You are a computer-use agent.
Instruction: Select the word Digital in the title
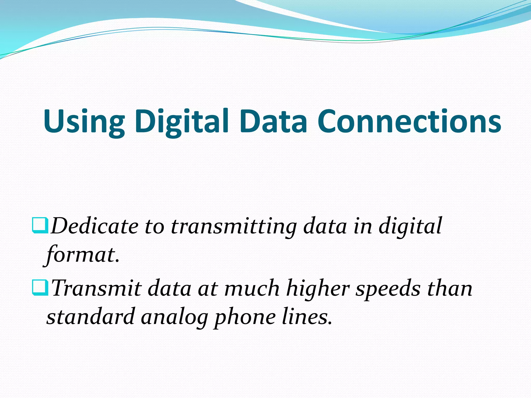click(x=181, y=121)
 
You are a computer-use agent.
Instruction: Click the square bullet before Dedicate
click(x=40, y=225)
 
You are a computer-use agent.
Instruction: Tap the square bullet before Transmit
click(x=40, y=287)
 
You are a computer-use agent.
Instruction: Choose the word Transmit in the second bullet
click(x=96, y=288)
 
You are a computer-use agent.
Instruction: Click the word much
click(x=252, y=288)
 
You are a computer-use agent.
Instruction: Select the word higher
click(x=318, y=288)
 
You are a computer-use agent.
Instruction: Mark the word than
click(x=450, y=288)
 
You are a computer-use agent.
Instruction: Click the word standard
click(x=90, y=317)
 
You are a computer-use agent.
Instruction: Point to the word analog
click(x=174, y=317)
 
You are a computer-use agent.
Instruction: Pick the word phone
click(x=244, y=317)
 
